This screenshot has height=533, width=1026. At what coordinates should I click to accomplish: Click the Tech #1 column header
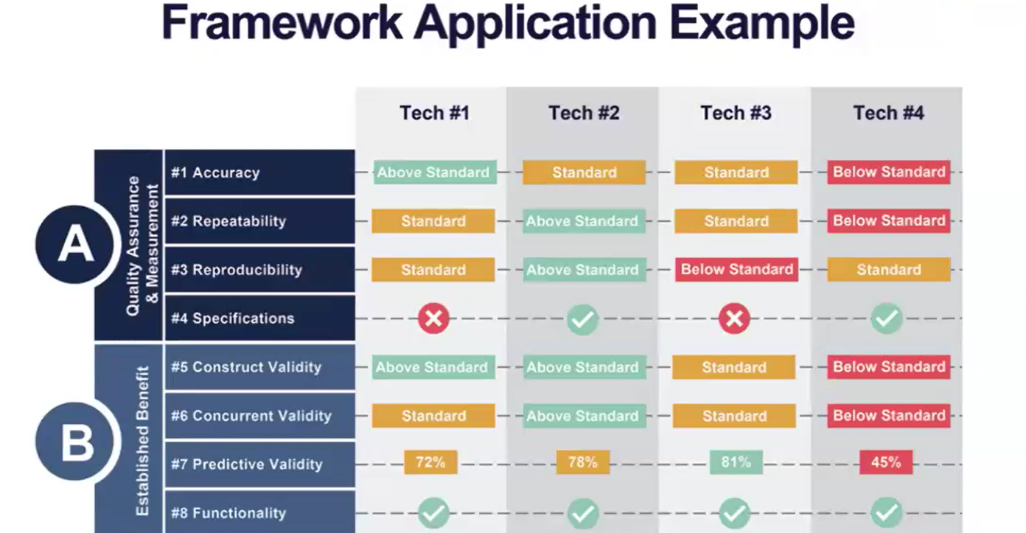click(435, 113)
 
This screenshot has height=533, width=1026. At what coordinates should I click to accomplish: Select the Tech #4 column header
click(889, 113)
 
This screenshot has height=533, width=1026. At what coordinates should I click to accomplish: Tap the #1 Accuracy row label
click(215, 173)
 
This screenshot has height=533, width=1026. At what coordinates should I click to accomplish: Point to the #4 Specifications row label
click(233, 318)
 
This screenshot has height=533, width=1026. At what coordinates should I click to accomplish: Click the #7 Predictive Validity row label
click(247, 464)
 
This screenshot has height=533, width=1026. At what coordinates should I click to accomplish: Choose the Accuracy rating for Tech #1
click(435, 173)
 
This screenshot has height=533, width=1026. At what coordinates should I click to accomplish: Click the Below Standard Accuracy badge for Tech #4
click(889, 173)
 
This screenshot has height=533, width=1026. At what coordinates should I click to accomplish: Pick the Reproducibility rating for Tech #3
click(736, 270)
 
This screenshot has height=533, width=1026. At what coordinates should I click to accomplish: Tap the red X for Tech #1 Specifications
click(433, 318)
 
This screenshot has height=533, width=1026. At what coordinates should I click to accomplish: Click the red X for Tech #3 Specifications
click(734, 318)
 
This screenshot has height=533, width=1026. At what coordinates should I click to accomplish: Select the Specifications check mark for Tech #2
click(582, 319)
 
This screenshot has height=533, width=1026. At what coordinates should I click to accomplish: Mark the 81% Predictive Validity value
click(736, 462)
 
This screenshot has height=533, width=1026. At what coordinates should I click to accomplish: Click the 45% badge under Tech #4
click(886, 462)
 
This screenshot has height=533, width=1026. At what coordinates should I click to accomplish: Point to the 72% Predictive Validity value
click(430, 462)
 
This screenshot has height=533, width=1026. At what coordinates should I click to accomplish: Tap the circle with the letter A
click(75, 244)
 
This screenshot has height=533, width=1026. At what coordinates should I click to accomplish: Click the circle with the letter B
click(75, 442)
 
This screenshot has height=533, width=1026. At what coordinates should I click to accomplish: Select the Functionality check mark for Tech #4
click(887, 513)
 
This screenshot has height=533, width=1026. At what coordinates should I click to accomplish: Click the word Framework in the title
click(282, 23)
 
